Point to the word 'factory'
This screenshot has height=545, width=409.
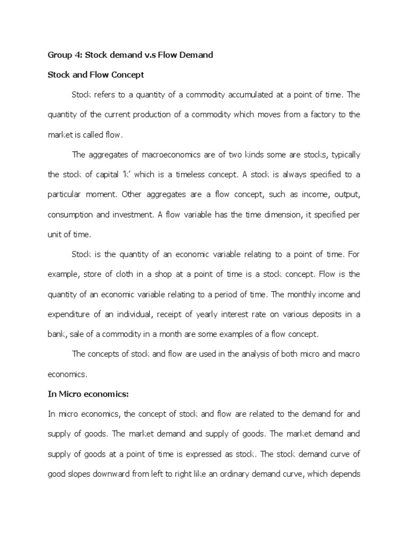[x=320, y=115]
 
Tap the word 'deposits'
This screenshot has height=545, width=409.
[x=320, y=314]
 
